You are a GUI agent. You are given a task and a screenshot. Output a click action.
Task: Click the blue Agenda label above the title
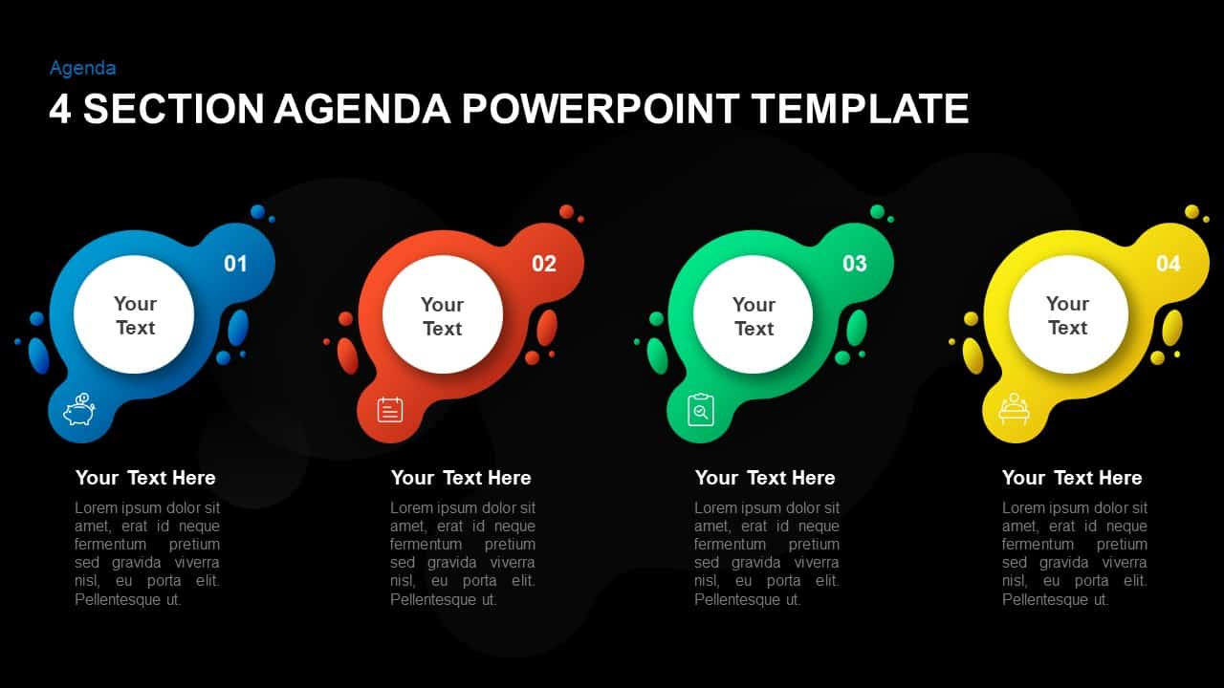point(83,68)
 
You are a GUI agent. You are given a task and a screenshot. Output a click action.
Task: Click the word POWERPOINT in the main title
point(600,109)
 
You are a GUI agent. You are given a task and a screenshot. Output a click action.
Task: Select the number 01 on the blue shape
point(235,263)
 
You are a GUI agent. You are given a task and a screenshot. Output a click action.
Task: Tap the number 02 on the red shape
point(544,264)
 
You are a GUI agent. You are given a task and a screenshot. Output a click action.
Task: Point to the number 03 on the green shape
point(854,264)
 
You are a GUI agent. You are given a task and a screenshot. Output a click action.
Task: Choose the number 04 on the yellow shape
point(1169,263)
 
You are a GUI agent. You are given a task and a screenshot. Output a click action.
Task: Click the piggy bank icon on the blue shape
point(79,410)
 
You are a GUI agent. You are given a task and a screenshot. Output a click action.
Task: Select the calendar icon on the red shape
point(390,410)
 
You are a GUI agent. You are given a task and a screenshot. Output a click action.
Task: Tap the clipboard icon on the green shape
point(701,410)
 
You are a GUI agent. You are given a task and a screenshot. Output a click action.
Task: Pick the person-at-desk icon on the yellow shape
point(1013,409)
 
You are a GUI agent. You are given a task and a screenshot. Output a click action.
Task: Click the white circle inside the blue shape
point(134,314)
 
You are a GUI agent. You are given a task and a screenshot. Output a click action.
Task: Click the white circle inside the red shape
point(442,315)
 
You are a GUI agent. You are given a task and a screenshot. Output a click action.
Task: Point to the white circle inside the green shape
point(753,315)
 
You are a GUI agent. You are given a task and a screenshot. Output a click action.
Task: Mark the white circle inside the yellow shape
point(1067,314)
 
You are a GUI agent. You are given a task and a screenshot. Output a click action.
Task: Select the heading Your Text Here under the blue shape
point(145,478)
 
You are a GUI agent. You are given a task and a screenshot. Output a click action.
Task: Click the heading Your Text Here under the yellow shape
point(1072,478)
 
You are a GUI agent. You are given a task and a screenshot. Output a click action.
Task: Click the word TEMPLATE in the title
point(861,109)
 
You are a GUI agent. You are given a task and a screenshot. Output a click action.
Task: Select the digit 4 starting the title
point(59,109)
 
